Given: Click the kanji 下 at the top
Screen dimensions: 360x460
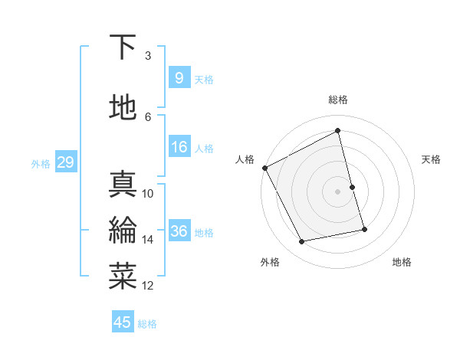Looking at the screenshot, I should tap(123, 48).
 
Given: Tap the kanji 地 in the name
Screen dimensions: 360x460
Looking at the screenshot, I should tap(123, 107).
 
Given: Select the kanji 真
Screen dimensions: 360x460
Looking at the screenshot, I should tap(123, 185).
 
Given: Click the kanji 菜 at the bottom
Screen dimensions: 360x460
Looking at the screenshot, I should tap(123, 276).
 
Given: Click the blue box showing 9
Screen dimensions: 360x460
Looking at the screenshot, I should tap(179, 77).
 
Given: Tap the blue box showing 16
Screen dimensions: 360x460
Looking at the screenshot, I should tap(179, 147).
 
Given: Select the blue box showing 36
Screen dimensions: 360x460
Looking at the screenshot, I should tap(179, 231).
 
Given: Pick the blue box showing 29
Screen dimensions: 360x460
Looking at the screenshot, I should tap(65, 162).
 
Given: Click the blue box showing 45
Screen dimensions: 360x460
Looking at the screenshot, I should tap(123, 322).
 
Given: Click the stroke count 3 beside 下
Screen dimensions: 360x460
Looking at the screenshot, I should tap(148, 56).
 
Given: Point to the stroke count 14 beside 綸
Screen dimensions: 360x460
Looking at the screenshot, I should tap(148, 240).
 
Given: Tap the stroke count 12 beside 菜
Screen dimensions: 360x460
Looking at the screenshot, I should tap(148, 286).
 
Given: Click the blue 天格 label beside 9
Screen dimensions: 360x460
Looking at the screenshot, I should tap(204, 79).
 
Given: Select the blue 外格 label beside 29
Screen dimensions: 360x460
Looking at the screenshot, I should tap(41, 164).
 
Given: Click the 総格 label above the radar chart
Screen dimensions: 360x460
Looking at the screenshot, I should tap(338, 100).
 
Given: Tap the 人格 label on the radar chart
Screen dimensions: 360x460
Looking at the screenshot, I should tap(245, 159).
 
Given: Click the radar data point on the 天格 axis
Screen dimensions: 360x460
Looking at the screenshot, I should tap(352, 186).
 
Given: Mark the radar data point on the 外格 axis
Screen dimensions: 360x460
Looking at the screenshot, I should tap(302, 242).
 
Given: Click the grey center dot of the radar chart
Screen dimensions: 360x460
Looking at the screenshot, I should tap(337, 191).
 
